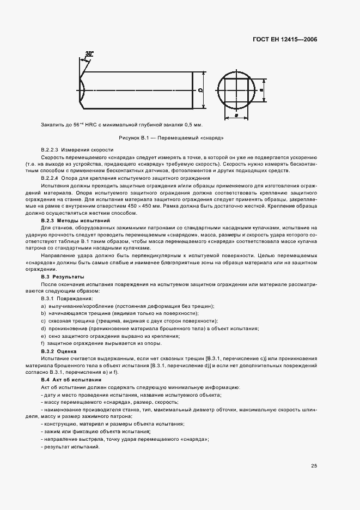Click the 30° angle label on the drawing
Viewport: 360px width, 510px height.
coord(89,53)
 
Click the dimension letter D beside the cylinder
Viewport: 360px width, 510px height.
coord(200,90)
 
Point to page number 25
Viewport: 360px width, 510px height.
coord(314,465)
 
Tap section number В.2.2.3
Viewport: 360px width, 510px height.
coord(50,149)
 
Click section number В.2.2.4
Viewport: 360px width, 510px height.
coord(50,178)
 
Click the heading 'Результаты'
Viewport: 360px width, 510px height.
coord(69,277)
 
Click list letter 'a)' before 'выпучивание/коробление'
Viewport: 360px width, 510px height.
coord(43,306)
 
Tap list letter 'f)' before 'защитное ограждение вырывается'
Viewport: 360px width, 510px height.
coord(42,343)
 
